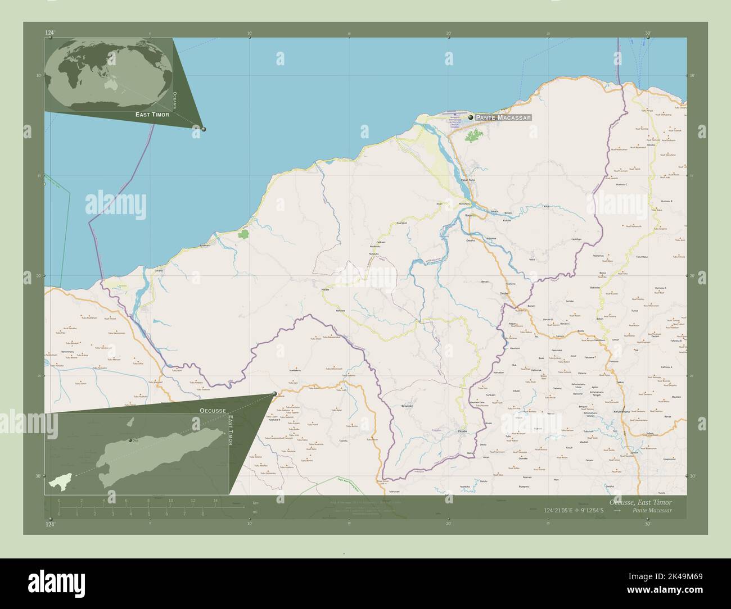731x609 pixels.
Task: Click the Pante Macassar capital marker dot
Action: coord(471,117)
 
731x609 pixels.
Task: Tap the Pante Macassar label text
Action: coord(502,118)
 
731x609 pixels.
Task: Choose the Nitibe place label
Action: coord(325,289)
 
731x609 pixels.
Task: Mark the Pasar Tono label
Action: coord(468,180)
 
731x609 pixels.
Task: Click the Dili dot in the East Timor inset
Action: coord(130,440)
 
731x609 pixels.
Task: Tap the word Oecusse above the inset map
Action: coord(213,411)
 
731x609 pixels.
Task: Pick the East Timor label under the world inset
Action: coord(152,114)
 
